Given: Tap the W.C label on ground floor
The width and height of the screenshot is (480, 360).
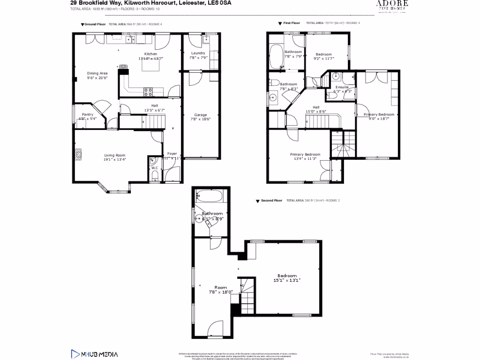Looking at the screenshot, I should click(x=154, y=168).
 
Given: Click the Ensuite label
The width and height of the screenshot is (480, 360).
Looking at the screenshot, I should click(x=341, y=88).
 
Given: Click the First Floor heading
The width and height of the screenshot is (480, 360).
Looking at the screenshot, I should click(x=292, y=23).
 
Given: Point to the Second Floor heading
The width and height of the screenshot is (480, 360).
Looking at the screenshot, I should click(x=271, y=201).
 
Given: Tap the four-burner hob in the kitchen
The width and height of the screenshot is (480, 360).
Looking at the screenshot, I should click(x=148, y=92).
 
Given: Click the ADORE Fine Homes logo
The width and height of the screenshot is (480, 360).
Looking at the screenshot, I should click(x=392, y=6).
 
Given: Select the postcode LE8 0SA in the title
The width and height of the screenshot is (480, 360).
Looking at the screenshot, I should click(x=219, y=3).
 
